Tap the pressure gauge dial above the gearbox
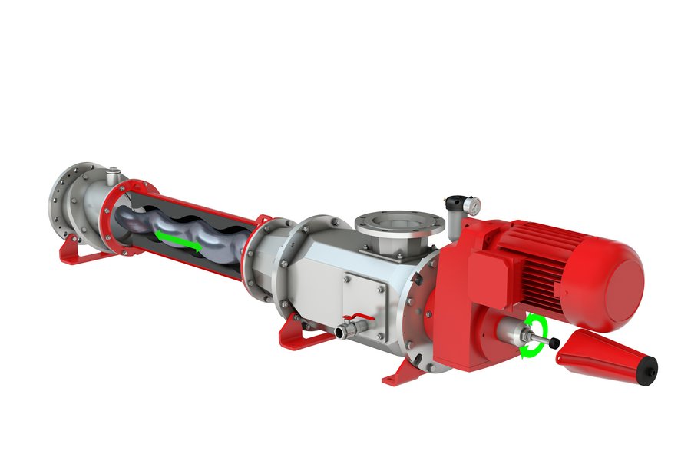coord(474,205)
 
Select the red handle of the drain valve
coord(359,317)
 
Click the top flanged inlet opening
coord(398,222)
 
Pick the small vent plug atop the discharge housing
coord(114,173)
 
